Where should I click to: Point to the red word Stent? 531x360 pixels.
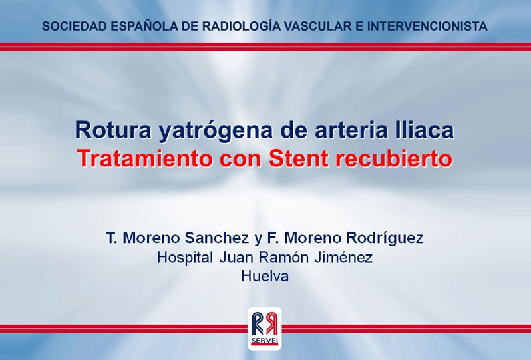click(x=299, y=158)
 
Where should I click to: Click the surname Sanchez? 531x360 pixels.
click(x=216, y=238)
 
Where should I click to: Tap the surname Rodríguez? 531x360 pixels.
click(x=385, y=238)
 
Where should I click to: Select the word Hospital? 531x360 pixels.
click(x=185, y=258)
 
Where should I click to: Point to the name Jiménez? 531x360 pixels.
click(x=343, y=257)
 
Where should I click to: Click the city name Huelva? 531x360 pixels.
click(x=265, y=276)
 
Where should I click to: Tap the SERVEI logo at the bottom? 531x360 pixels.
click(x=264, y=328)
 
